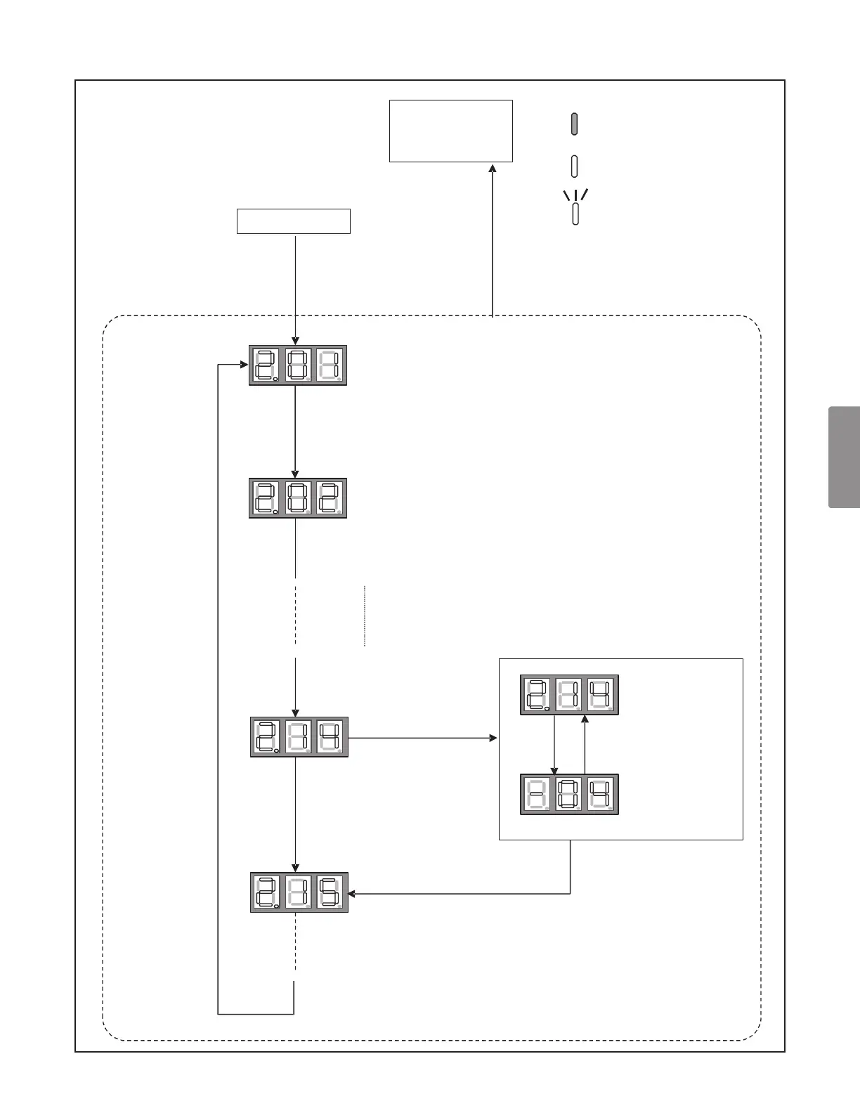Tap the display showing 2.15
pos(299,892)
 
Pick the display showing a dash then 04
pos(569,795)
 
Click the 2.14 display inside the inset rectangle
pos(569,695)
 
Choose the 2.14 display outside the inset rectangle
pos(299,737)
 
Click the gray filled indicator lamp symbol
pos(575,123)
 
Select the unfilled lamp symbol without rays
pos(575,167)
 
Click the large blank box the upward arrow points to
pos(451,131)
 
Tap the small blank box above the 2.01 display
pos(294,221)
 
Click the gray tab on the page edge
pos(845,457)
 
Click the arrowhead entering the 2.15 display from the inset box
pos(352,894)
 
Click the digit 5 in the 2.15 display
pos(330,892)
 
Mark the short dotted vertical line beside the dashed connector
pos(365,616)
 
